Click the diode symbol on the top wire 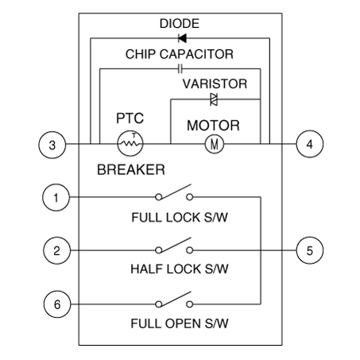pos(182,38)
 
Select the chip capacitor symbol pos(180,69)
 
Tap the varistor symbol pos(214,99)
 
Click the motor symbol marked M pos(215,144)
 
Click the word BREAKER pos(131,169)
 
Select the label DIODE pos(180,24)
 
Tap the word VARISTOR pos(215,83)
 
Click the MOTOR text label pos(213,126)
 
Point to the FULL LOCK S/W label pos(180,218)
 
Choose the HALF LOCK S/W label pos(180,269)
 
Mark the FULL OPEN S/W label pos(180,323)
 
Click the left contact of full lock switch pos(159,197)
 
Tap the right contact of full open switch pos(189,304)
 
